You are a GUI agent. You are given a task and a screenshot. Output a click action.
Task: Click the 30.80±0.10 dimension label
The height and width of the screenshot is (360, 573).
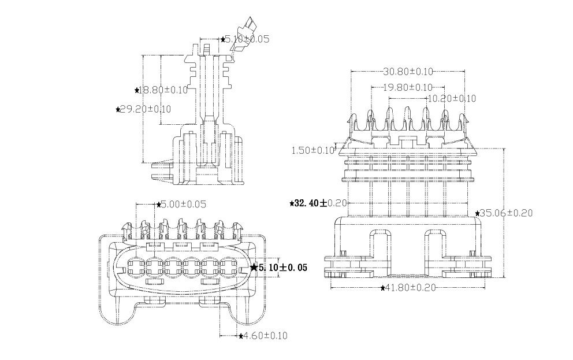pos(408,72)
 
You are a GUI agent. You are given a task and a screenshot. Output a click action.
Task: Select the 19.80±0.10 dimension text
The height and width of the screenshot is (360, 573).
pos(408,87)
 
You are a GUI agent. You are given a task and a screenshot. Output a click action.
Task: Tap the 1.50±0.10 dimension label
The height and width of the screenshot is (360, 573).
pos(313,150)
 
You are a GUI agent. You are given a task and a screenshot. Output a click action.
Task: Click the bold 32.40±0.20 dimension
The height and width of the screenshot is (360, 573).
pos(321,203)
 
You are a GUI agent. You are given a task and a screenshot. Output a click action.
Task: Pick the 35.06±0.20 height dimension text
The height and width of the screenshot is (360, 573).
pos(507,213)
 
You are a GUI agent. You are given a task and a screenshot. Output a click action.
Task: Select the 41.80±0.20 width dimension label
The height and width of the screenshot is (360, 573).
pos(411,287)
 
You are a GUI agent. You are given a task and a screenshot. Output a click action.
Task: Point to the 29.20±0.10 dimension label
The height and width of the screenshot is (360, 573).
pos(146,109)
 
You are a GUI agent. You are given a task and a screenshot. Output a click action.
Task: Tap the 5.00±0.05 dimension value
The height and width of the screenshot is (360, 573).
pos(183,204)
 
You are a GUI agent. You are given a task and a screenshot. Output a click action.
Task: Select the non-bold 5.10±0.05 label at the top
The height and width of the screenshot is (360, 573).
pos(247,39)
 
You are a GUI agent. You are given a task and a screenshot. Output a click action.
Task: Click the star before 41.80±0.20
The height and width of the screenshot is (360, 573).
pos(383,287)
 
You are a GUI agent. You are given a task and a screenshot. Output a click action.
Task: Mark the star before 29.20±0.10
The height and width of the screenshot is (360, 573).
pos(118,109)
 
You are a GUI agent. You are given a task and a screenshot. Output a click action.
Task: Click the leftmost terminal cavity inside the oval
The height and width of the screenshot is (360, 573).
pos(136,267)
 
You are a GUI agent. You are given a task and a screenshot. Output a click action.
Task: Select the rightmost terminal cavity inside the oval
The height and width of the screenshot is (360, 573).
pos(229,267)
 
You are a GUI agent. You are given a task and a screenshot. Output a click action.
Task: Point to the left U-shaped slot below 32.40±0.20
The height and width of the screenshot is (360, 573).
pos(379,246)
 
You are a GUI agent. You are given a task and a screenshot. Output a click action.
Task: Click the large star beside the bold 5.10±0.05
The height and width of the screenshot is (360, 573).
pos(254,268)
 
